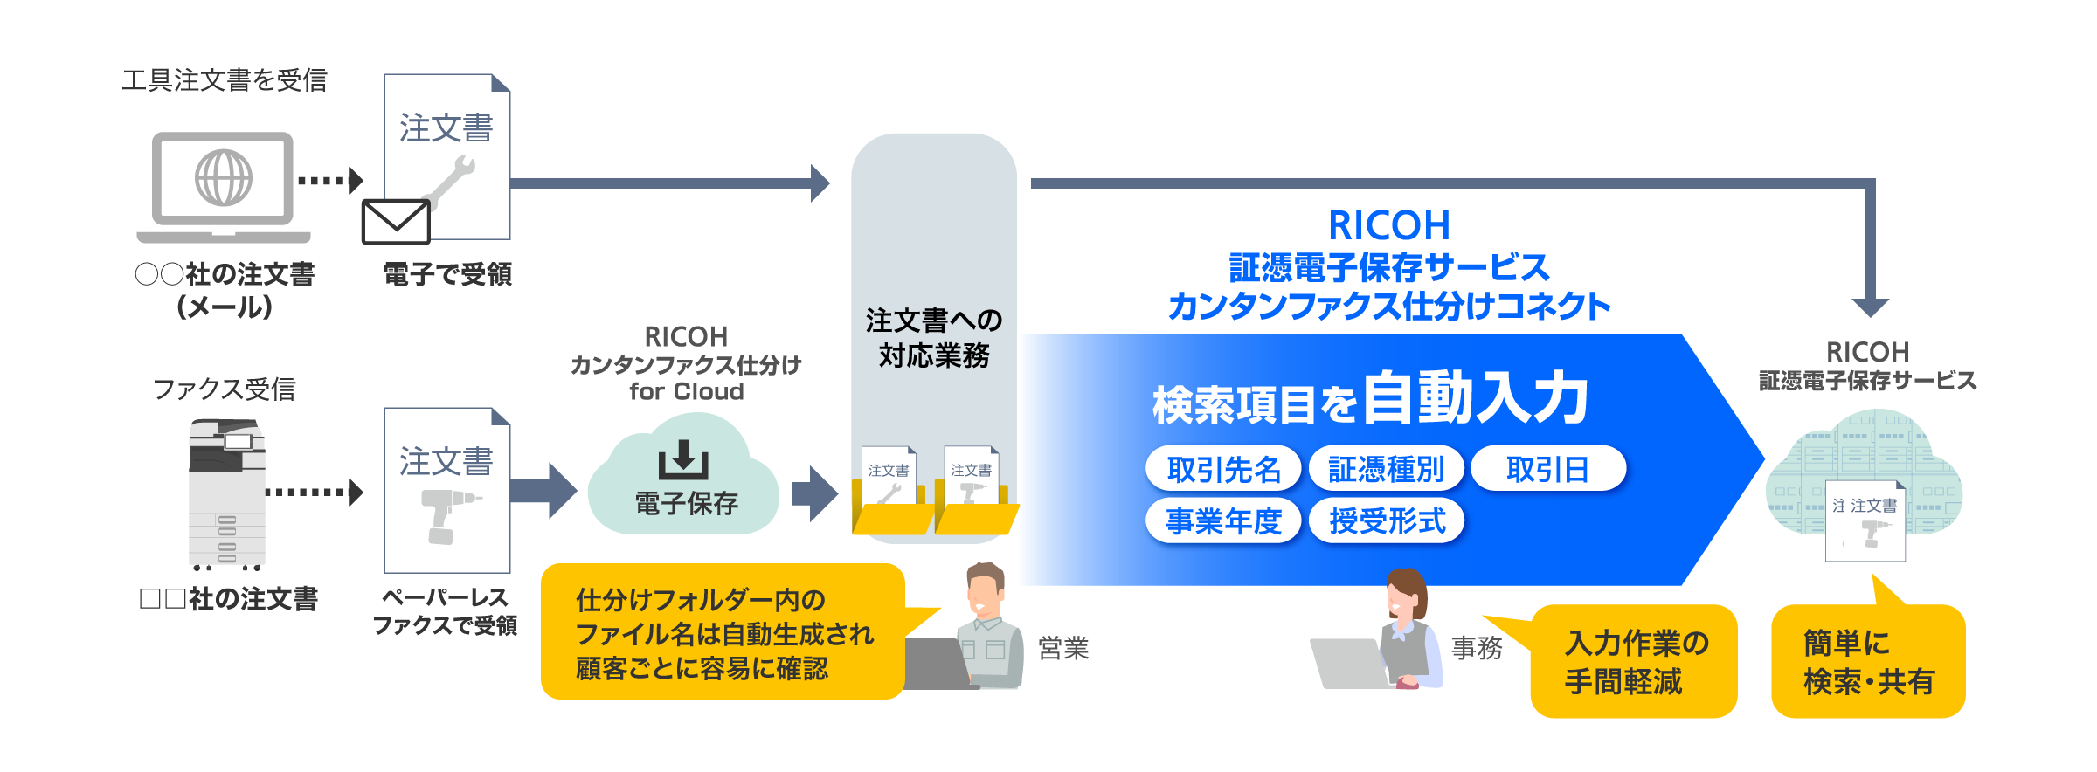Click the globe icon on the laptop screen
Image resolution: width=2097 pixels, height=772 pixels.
(224, 177)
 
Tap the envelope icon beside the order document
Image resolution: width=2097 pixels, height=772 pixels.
(396, 222)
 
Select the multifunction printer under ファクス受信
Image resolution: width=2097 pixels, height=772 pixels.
(227, 493)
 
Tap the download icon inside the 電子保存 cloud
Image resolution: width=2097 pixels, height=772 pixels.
(683, 459)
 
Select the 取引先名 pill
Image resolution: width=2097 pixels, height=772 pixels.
(1223, 470)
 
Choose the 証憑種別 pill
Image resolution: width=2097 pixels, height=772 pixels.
(1386, 470)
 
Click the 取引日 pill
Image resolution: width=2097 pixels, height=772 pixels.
(1547, 470)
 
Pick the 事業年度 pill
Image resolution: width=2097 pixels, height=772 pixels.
(1223, 521)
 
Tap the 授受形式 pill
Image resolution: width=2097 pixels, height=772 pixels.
(1387, 521)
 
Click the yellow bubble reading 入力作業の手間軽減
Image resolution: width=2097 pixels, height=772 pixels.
(1634, 662)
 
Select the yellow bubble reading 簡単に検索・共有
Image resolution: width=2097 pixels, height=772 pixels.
(1868, 662)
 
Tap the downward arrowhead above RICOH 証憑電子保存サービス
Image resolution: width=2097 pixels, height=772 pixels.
(1871, 307)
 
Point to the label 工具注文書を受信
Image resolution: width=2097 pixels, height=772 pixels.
(225, 80)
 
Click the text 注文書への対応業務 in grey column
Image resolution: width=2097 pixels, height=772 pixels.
(933, 338)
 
